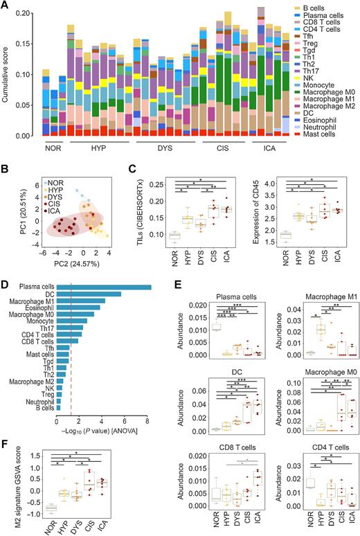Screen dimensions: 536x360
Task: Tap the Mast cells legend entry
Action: pos(323,131)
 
